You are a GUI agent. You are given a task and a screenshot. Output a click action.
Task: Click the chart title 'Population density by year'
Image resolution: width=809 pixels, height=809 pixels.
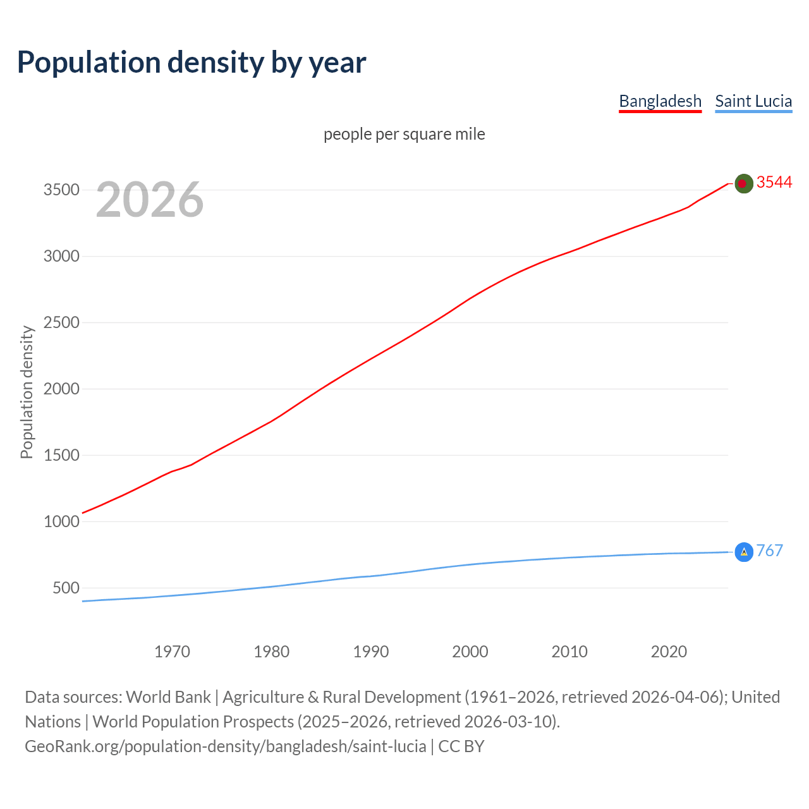(192, 63)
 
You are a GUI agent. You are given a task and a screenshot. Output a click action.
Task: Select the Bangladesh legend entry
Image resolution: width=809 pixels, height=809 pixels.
(660, 101)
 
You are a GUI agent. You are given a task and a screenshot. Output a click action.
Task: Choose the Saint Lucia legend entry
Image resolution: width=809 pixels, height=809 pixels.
(753, 101)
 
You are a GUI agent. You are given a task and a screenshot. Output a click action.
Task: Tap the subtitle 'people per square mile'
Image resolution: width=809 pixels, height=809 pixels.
(404, 134)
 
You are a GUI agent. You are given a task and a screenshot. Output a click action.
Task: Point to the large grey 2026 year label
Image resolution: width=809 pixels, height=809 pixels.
(150, 200)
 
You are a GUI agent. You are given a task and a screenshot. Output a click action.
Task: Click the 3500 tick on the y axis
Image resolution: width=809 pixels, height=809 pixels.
(61, 190)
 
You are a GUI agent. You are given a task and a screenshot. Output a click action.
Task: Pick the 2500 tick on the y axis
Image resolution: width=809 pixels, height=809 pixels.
(61, 323)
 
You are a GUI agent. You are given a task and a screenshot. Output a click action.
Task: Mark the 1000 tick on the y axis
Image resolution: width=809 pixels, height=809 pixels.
(61, 521)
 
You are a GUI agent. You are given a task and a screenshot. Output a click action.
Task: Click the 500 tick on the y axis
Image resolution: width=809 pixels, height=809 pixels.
(66, 588)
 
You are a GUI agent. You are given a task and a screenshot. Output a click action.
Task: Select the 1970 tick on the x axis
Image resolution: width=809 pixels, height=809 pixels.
(172, 652)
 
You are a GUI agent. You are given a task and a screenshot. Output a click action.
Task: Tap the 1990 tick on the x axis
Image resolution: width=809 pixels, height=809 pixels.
(371, 652)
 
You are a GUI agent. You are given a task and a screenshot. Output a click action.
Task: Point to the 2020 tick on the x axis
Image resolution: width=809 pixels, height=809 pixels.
(669, 652)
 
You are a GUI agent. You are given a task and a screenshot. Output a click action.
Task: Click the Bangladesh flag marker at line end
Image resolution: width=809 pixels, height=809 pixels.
(744, 183)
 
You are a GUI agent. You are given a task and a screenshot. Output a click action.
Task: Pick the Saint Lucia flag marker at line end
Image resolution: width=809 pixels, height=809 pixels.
(744, 552)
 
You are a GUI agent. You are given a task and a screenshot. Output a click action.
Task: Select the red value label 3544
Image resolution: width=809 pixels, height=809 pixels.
(774, 182)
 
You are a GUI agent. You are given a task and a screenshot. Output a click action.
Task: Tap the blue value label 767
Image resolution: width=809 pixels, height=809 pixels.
(769, 550)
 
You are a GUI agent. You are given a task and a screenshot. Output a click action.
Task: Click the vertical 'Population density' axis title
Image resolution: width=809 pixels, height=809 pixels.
(27, 392)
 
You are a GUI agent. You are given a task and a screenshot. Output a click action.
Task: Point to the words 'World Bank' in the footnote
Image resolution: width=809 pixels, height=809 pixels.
(168, 697)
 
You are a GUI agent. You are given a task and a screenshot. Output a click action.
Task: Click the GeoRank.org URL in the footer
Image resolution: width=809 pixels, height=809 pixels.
(226, 746)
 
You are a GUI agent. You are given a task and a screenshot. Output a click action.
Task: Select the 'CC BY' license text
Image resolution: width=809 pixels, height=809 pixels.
(461, 746)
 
